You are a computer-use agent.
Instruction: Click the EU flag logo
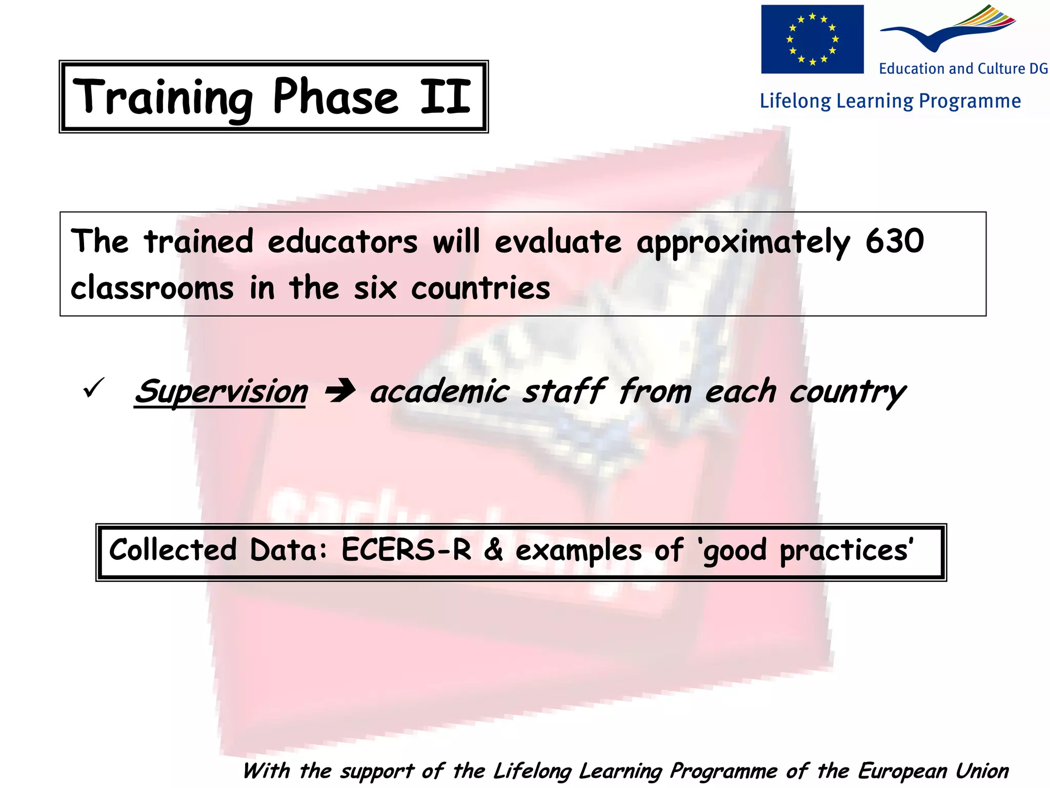pyautogui.click(x=812, y=39)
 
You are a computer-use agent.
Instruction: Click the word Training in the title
pyautogui.click(x=163, y=97)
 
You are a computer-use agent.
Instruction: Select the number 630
pyautogui.click(x=895, y=241)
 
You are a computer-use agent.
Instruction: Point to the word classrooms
pyautogui.click(x=152, y=288)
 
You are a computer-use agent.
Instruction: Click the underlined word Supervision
pyautogui.click(x=221, y=392)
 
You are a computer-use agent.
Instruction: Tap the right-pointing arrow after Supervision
pyautogui.click(x=340, y=392)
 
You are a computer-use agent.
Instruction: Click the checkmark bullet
pyautogui.click(x=93, y=388)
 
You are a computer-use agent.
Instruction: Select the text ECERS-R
pyautogui.click(x=406, y=550)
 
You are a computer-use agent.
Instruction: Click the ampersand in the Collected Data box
pyautogui.click(x=493, y=550)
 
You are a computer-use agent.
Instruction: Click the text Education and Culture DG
pyautogui.click(x=963, y=69)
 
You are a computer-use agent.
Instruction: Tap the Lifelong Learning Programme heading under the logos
pyautogui.click(x=890, y=101)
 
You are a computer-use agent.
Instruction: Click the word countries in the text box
pyautogui.click(x=480, y=288)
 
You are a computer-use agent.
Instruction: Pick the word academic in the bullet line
pyautogui.click(x=440, y=392)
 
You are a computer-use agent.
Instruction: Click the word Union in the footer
pyautogui.click(x=982, y=771)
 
